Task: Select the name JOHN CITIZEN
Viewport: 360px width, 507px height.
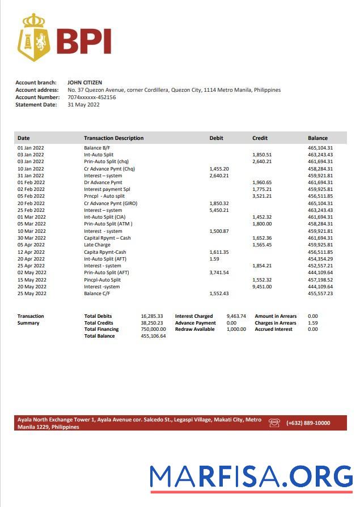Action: tap(84, 83)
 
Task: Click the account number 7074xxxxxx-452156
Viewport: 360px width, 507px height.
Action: tap(91, 97)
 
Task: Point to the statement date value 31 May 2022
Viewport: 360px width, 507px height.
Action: tap(83, 105)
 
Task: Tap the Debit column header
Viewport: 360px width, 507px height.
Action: tap(216, 138)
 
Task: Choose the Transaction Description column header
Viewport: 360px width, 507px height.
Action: tap(113, 138)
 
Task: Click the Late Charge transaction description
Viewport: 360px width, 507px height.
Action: tap(97, 245)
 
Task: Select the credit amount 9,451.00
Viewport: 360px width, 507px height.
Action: tap(261, 287)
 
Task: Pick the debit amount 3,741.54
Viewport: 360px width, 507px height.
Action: tap(219, 272)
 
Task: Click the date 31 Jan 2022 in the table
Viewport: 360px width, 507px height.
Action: tap(31, 176)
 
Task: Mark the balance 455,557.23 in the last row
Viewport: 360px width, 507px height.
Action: tap(320, 293)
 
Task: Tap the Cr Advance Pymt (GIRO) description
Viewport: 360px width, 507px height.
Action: tap(111, 203)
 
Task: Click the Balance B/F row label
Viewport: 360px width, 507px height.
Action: tap(97, 148)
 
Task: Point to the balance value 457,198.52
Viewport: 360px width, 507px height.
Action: tap(320, 280)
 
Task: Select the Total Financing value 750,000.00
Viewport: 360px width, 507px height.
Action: tap(153, 329)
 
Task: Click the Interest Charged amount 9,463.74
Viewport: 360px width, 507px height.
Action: tap(236, 316)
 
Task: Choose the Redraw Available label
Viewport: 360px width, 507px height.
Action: tap(194, 329)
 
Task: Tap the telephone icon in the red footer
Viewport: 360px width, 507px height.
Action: tap(274, 423)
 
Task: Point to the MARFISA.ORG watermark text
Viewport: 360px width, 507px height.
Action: tap(251, 476)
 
